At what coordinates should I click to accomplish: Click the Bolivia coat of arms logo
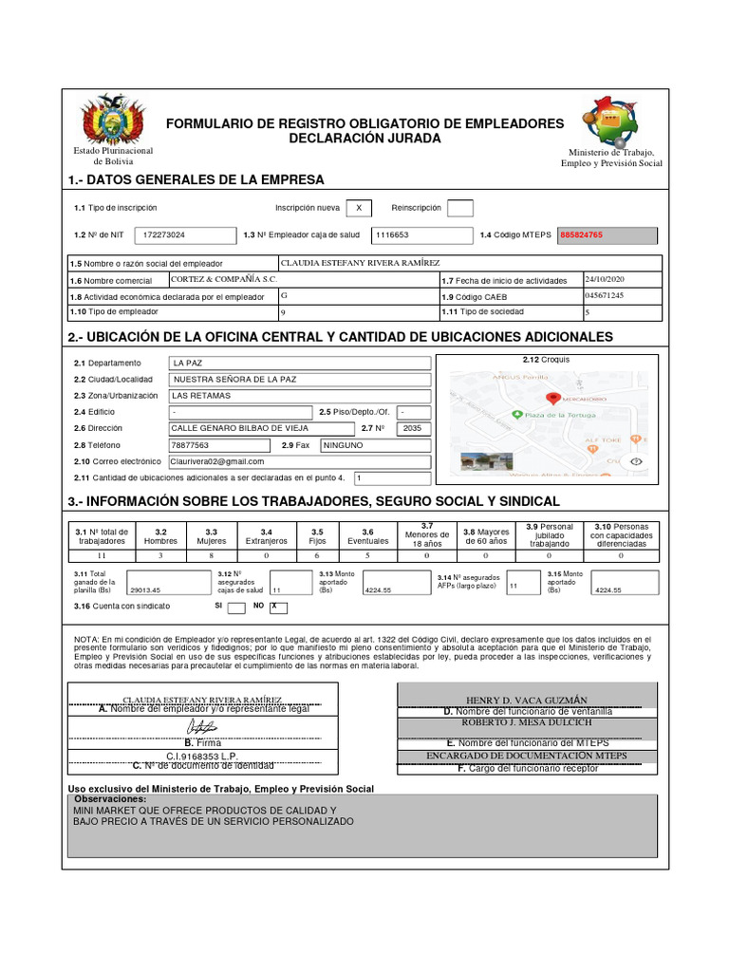[113, 121]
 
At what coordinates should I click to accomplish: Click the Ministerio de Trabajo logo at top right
[611, 121]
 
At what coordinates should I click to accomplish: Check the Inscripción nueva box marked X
[358, 208]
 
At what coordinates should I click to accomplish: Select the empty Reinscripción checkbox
[459, 208]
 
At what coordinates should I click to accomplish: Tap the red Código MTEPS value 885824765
[582, 234]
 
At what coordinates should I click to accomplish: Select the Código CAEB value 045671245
[606, 295]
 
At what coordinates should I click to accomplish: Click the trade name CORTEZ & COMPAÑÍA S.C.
[224, 279]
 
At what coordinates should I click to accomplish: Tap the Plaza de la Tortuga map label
[560, 415]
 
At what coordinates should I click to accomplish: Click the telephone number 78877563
[190, 444]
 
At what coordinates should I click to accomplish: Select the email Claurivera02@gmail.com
[217, 461]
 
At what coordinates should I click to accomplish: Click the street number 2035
[411, 428]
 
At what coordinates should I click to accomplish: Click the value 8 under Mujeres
[211, 555]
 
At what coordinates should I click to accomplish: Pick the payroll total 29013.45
[145, 589]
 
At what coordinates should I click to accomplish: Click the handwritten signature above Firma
[203, 726]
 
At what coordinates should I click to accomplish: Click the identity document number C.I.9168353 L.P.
[203, 757]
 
